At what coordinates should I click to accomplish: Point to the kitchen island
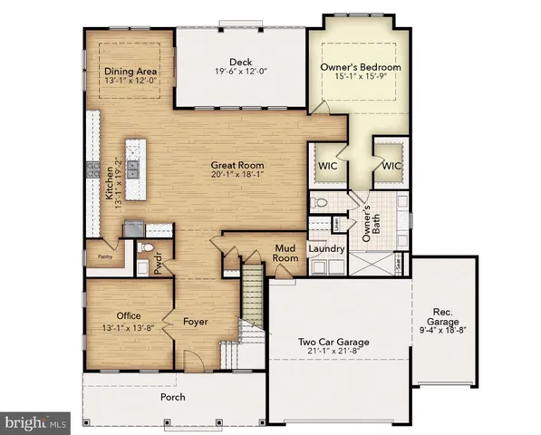tap(135, 170)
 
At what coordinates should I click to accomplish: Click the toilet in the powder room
tap(149, 249)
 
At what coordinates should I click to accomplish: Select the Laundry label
tap(324, 247)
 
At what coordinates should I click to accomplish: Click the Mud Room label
tap(288, 253)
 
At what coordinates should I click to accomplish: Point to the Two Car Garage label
tap(340, 342)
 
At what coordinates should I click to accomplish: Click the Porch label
tap(172, 397)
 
